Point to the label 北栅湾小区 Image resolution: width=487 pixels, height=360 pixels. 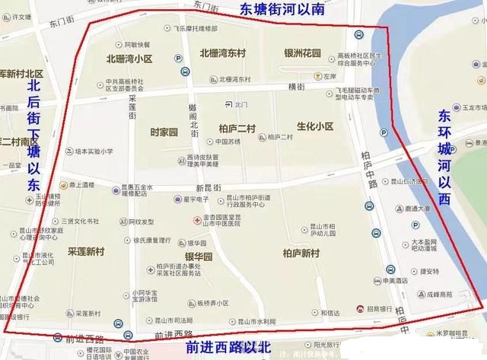[129, 58]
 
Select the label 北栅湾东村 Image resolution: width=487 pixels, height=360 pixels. [222, 53]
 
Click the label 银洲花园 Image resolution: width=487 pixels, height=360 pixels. [302, 53]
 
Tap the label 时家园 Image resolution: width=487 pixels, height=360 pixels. [164, 132]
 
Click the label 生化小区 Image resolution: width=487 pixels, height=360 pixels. [315, 126]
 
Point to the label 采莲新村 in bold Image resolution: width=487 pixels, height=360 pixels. [85, 250]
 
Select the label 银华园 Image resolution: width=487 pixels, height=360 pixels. [201, 257]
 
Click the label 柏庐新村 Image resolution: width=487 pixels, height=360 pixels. [301, 253]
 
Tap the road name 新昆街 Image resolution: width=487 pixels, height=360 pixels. [208, 188]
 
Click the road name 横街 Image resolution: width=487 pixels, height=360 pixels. [297, 88]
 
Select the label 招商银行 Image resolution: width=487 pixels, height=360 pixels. [380, 308]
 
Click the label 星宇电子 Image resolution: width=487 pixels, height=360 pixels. [196, 199]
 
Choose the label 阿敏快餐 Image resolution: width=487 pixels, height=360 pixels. [137, 45]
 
